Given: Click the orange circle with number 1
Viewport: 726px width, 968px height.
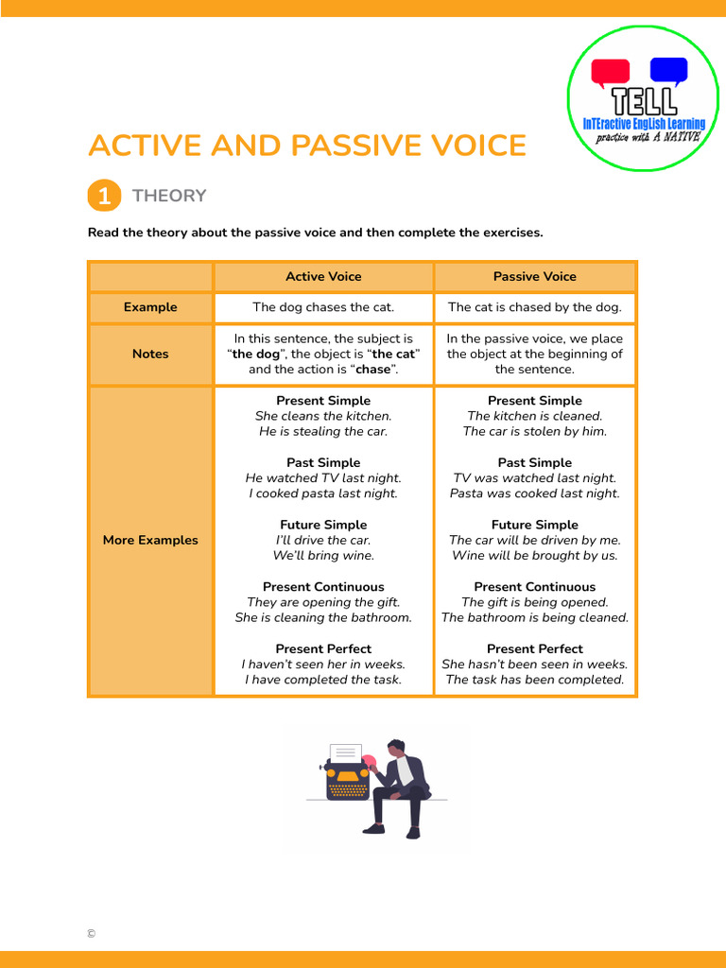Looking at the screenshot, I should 103,196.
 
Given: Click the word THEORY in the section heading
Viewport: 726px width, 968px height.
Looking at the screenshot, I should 169,196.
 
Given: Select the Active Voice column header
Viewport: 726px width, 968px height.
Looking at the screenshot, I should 323,276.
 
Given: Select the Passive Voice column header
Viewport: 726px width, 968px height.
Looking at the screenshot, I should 534,276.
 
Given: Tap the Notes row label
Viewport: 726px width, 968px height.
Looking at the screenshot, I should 150,354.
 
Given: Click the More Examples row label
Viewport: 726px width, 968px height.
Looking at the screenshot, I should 150,540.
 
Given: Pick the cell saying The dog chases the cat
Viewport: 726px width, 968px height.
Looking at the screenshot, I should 323,307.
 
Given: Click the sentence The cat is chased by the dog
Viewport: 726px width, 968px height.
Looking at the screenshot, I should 534,307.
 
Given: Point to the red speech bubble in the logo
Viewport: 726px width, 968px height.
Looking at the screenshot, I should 610,72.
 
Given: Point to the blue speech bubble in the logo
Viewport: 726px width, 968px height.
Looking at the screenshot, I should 669,70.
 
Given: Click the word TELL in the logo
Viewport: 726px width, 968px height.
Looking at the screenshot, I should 644,100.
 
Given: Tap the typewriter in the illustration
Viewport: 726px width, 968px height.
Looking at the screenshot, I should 347,773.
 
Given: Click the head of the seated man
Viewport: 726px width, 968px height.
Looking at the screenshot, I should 396,749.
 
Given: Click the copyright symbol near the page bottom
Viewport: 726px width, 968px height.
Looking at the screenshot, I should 91,934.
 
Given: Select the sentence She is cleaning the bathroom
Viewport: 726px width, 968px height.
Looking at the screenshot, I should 323,617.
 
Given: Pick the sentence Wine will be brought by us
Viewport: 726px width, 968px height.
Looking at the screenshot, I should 534,556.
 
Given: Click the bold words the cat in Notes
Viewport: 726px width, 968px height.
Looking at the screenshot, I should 395,354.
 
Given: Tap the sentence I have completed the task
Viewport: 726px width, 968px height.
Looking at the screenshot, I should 323,680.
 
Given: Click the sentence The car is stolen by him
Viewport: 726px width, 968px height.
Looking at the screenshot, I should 534,431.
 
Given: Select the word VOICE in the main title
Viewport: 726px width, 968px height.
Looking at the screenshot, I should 471,146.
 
